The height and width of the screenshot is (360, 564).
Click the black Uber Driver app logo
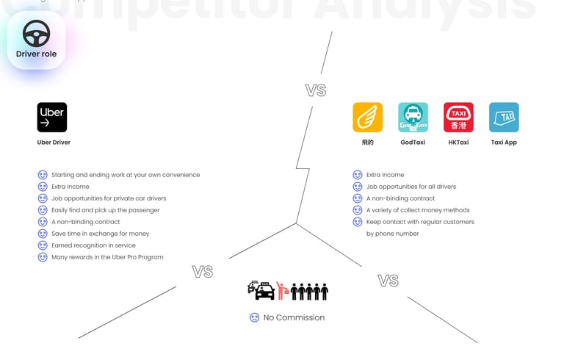[52, 118]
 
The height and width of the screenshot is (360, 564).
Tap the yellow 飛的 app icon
[367, 118]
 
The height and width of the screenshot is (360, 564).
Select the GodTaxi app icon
[413, 118]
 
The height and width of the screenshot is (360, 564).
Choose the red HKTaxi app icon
[458, 118]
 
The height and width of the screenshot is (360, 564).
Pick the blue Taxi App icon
[504, 118]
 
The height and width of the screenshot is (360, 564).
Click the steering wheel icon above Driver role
[36, 33]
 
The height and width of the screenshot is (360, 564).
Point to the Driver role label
[36, 54]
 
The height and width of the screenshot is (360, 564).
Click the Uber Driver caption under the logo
[54, 143]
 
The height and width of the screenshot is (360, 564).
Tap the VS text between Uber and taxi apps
[316, 90]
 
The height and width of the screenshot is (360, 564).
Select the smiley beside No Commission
[254, 317]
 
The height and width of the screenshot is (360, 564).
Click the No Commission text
[294, 317]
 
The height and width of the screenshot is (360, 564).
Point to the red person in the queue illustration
[281, 290]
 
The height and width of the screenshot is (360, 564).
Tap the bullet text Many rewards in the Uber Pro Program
[107, 257]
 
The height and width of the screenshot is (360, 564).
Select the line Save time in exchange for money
[100, 234]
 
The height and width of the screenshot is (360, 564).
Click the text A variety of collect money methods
[417, 210]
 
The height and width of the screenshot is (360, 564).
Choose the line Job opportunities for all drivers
[411, 187]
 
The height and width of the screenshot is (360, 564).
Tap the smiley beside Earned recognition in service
[43, 245]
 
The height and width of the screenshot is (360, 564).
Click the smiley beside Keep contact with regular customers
[358, 222]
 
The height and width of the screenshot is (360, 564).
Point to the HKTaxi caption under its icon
[458, 143]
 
